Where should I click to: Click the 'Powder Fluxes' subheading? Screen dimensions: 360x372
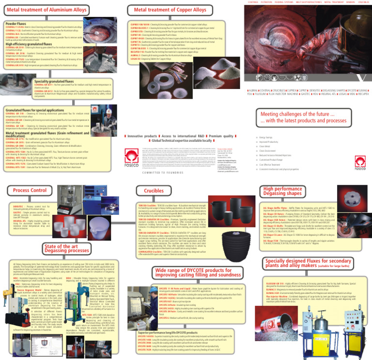point(15,23)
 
